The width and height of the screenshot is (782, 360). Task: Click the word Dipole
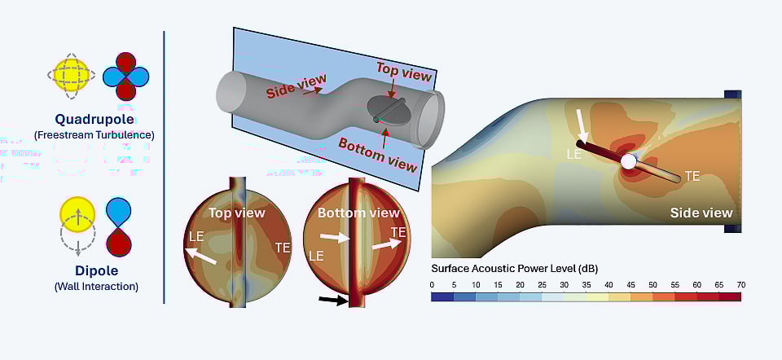tap(98, 270)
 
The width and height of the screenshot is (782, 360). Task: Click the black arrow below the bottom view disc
tap(332, 301)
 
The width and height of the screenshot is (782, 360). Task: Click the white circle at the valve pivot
tap(628, 162)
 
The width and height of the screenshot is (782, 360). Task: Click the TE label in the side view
tap(692, 176)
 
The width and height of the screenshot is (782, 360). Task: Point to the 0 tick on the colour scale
tap(432, 284)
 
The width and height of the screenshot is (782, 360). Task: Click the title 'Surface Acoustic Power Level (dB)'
tap(515, 269)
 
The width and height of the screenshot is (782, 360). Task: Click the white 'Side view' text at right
tap(701, 213)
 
